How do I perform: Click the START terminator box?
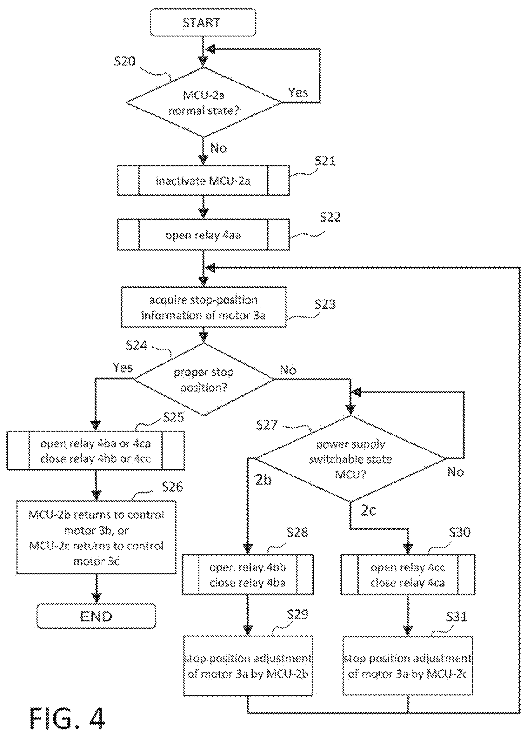coord(203,23)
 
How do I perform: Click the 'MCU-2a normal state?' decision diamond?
coord(203,102)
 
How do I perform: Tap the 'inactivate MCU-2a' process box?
coord(203,180)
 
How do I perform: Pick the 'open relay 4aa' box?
coord(203,235)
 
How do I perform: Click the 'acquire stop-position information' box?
coord(203,307)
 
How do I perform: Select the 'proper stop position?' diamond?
coord(204,379)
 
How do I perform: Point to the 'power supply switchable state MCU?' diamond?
coord(350,459)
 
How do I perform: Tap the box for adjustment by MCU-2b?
coord(248,666)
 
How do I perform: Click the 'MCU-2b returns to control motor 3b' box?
coord(96,537)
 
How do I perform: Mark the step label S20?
coord(125,61)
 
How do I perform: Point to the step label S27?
coord(267,425)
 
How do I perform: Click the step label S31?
coord(456,617)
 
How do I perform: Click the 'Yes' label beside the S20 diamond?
coord(298,93)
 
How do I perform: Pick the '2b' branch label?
coord(263,479)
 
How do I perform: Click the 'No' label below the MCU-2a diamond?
coord(218,148)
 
